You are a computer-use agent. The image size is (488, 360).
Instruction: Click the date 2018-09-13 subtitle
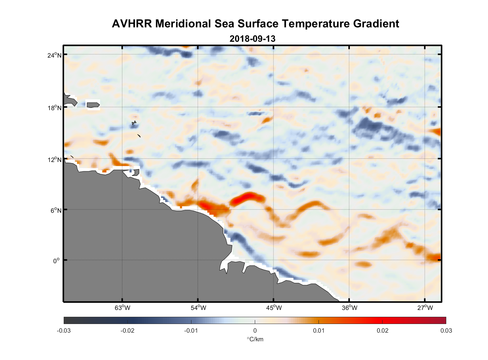(x=252, y=39)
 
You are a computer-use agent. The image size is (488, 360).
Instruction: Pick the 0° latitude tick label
(x=57, y=261)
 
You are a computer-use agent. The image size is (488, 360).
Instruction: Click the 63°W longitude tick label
(x=123, y=308)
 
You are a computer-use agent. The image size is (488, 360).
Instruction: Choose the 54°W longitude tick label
(x=198, y=308)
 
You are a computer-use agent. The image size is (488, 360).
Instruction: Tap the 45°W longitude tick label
(x=274, y=308)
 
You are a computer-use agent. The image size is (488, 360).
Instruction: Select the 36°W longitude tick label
(x=349, y=308)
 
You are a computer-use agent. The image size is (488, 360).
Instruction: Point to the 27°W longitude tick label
(x=425, y=308)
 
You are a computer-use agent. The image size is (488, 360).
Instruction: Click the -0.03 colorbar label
(x=64, y=330)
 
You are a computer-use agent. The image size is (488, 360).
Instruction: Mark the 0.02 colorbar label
(x=382, y=330)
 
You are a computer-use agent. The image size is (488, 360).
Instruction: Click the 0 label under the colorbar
(x=255, y=330)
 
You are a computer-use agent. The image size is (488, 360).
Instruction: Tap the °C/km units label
(x=255, y=339)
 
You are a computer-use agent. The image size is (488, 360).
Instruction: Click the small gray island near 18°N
(x=93, y=105)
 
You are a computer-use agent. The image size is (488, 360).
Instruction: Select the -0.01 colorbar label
(x=191, y=330)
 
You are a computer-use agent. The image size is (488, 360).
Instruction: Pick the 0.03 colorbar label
(x=446, y=330)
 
